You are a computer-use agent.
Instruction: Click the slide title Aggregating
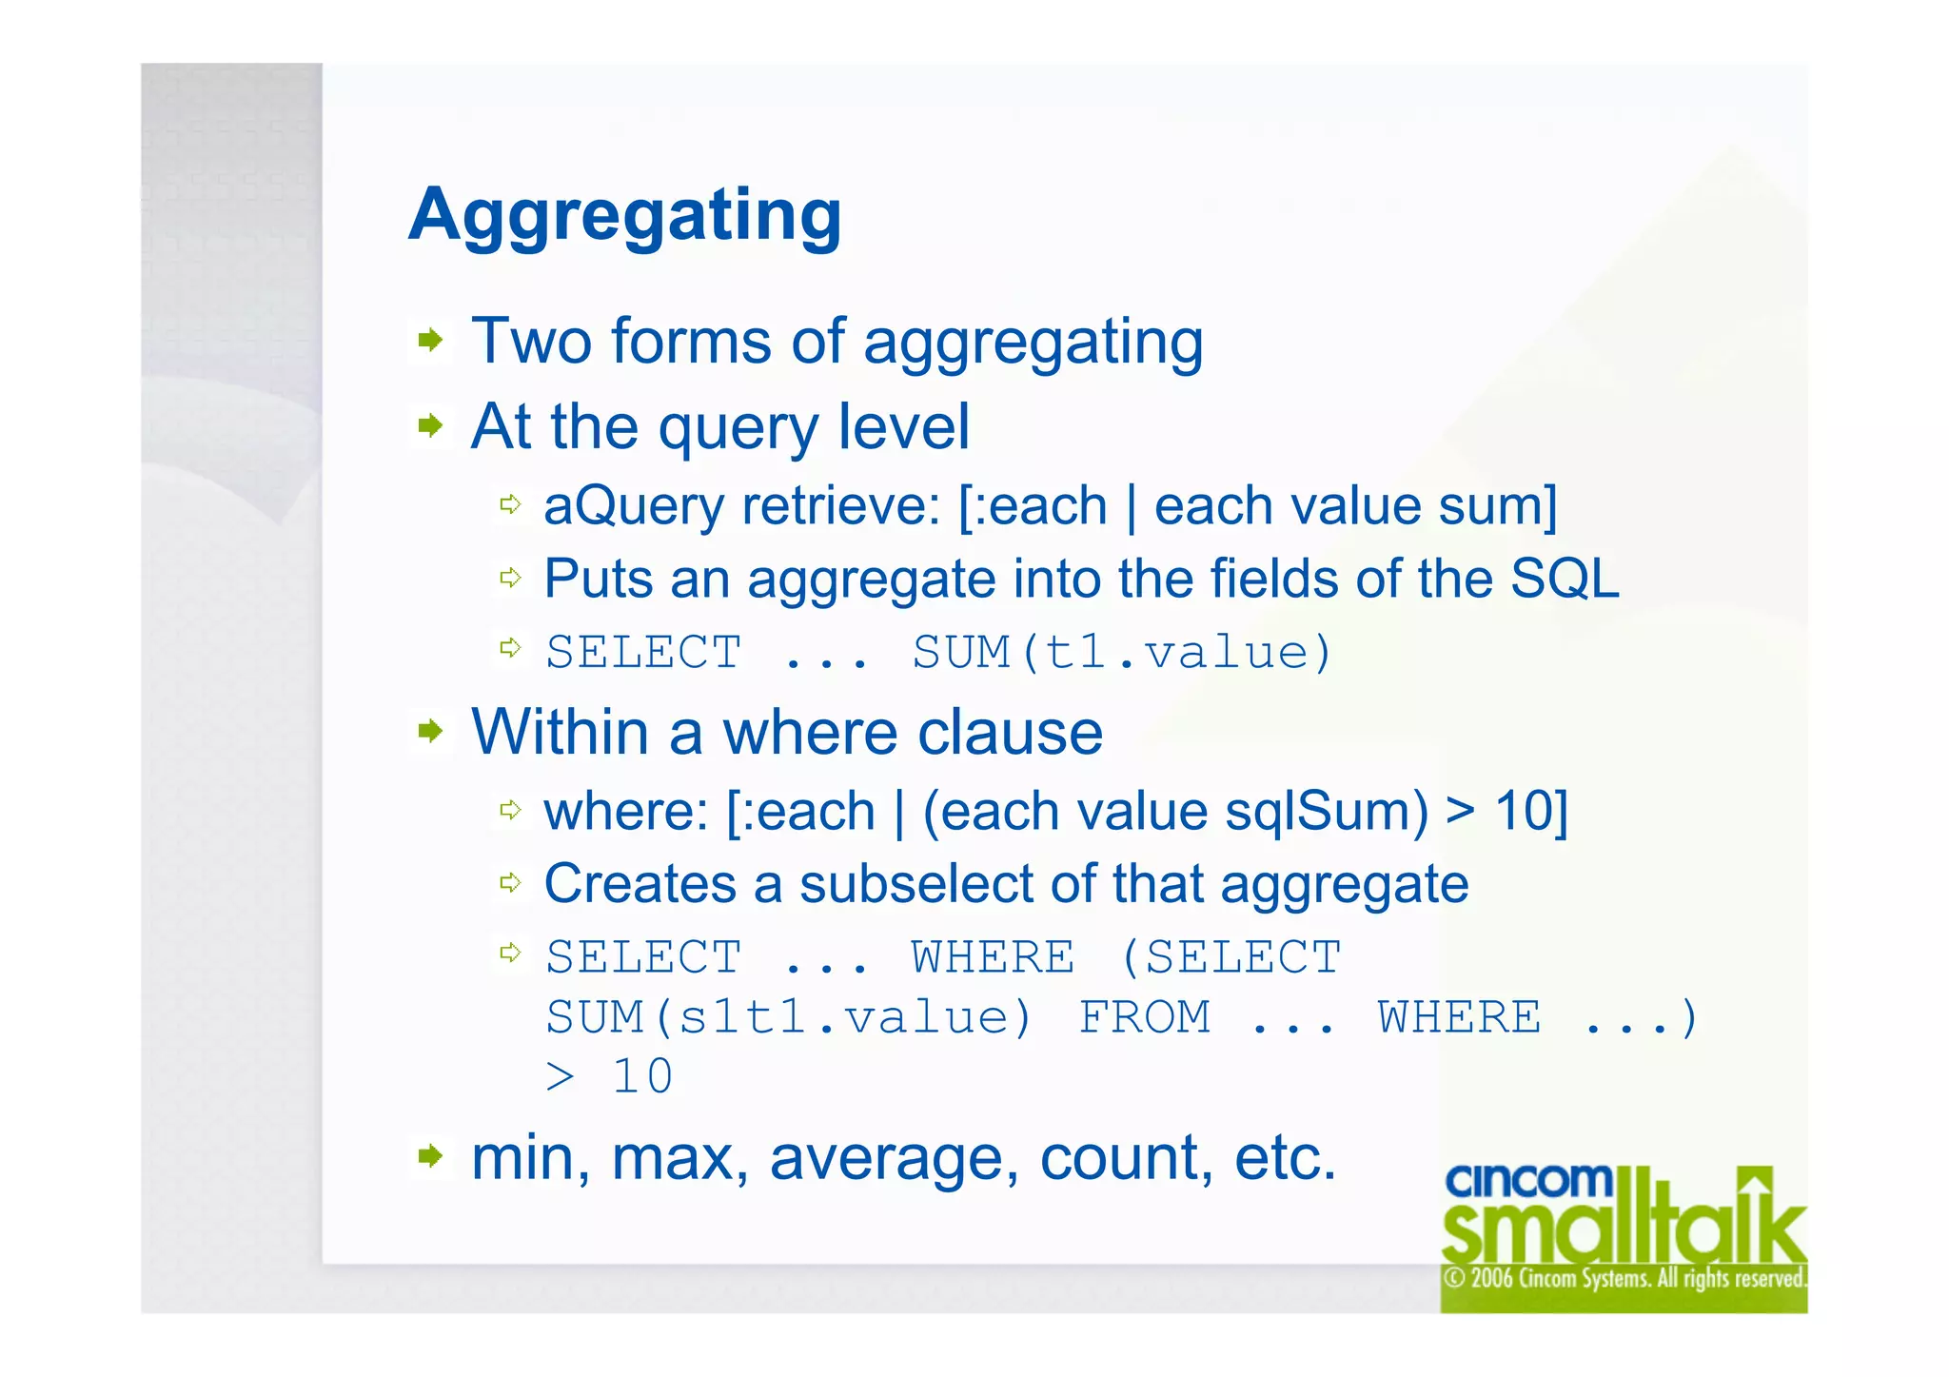pyautogui.click(x=624, y=217)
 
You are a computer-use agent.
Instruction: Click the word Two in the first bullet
pyautogui.click(x=526, y=341)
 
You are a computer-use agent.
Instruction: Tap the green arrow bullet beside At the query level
pyautogui.click(x=431, y=424)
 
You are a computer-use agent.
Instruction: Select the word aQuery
pyautogui.click(x=634, y=506)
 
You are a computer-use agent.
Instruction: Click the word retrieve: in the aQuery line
pyautogui.click(x=841, y=505)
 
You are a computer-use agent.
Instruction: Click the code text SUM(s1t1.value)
pyautogui.click(x=788, y=1017)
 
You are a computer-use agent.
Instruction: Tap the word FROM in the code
pyautogui.click(x=1145, y=1017)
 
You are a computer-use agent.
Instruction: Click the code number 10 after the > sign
pyautogui.click(x=642, y=1077)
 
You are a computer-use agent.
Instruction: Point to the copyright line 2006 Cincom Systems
pyautogui.click(x=1624, y=1278)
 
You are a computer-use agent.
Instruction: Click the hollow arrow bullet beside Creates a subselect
pyautogui.click(x=511, y=882)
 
